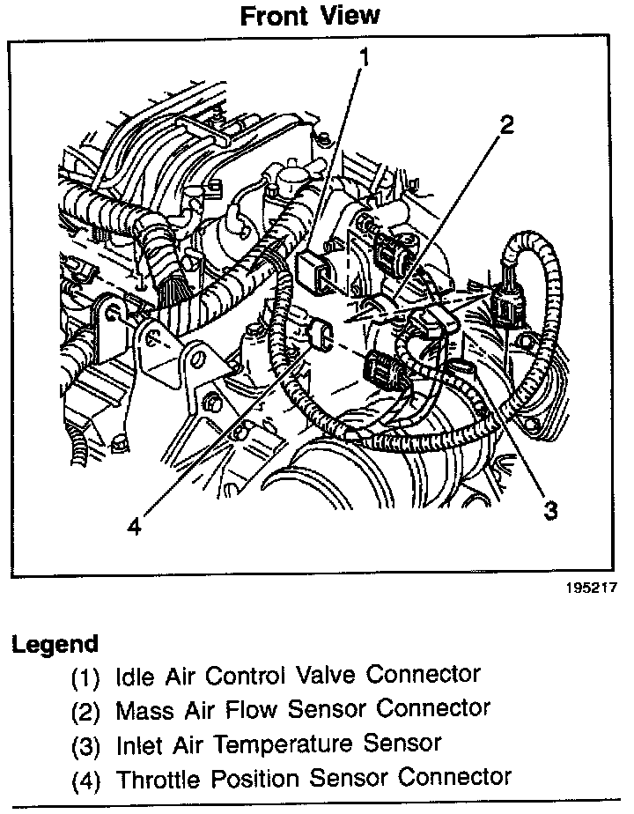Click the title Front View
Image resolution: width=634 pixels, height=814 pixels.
pyautogui.click(x=310, y=16)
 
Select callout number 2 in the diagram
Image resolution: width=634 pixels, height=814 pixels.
pyautogui.click(x=505, y=126)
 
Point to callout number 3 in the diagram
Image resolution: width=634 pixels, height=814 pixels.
pyautogui.click(x=550, y=510)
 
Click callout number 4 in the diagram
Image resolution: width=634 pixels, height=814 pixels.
pyautogui.click(x=133, y=526)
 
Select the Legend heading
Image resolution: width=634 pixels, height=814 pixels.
pyautogui.click(x=55, y=644)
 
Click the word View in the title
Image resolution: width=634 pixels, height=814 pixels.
pyautogui.click(x=352, y=16)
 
